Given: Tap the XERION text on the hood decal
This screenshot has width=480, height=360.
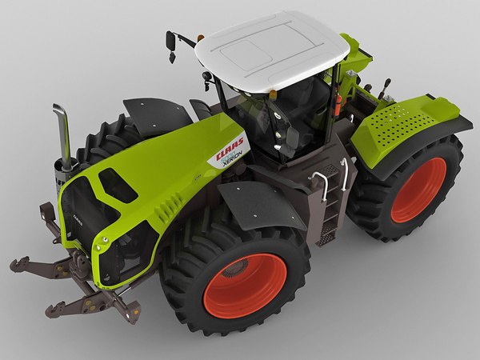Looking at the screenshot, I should coord(233,158).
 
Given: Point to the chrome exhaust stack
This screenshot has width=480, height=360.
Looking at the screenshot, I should coord(62,128).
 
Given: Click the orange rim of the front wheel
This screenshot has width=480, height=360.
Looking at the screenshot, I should coord(244,285).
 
